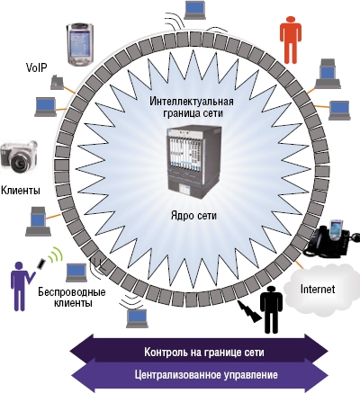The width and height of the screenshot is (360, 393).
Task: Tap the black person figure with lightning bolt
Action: (x=268, y=310)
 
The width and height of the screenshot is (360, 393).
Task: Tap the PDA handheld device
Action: (x=80, y=44)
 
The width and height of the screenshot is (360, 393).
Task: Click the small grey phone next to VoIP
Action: (x=57, y=80)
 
